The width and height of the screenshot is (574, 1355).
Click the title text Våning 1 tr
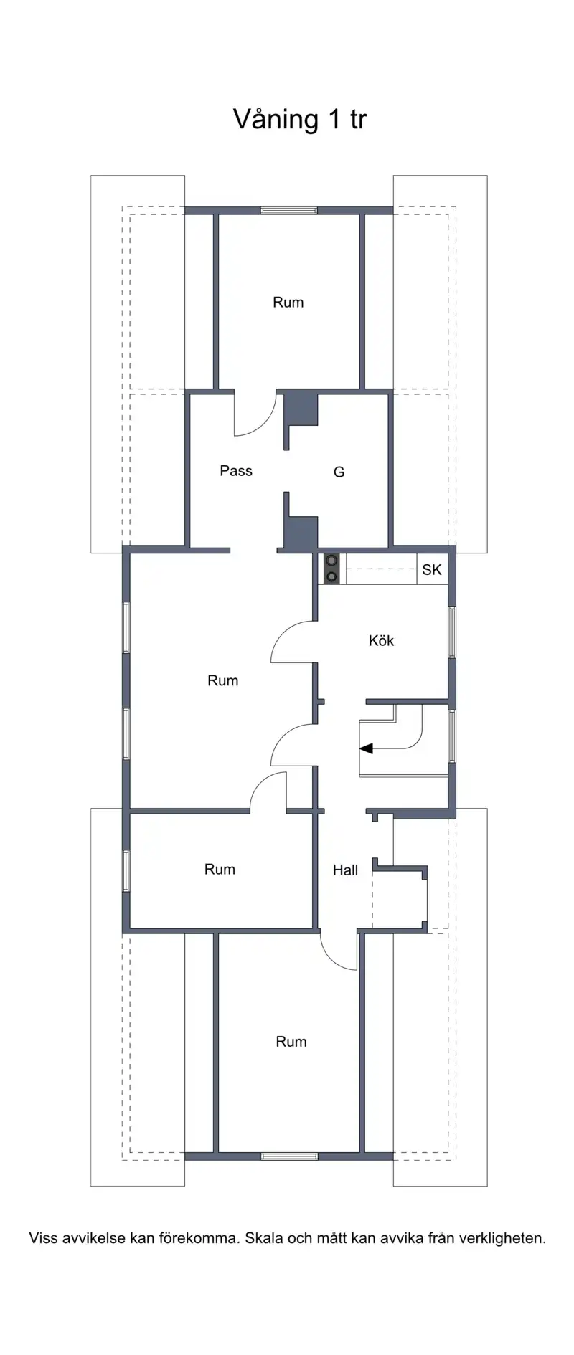coord(300,119)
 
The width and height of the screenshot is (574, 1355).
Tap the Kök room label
coord(381,640)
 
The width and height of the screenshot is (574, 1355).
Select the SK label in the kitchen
coord(432,570)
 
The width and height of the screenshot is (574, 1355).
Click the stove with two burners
coord(331,569)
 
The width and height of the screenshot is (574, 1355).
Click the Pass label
coord(236,471)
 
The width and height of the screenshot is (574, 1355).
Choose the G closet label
coord(339,472)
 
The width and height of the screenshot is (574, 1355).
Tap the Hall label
coord(345,870)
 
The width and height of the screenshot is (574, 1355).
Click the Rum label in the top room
coord(288,303)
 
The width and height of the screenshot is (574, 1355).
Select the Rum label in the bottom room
coord(291,1042)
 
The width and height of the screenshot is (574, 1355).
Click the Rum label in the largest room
coord(222,680)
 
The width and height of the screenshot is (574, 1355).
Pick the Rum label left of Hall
coord(220,870)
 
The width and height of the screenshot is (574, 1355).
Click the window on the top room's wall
coord(288,211)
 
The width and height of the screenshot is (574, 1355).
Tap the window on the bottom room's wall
coord(289,1156)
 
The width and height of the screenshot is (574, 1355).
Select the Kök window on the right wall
coord(452,632)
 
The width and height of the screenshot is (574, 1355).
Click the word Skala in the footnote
coord(263,1238)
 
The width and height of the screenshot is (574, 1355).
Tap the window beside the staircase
coord(452,736)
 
